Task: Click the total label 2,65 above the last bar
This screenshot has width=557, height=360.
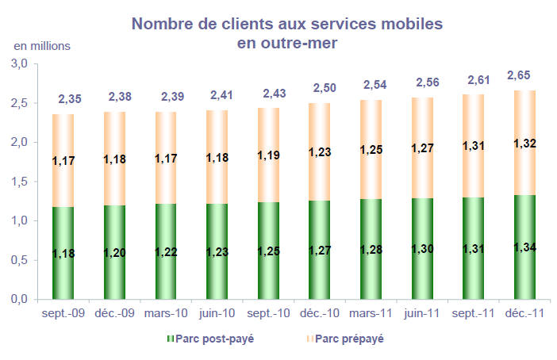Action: click(519, 75)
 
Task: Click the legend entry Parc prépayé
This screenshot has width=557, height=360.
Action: click(344, 339)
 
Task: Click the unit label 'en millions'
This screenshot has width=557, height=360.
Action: click(42, 44)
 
